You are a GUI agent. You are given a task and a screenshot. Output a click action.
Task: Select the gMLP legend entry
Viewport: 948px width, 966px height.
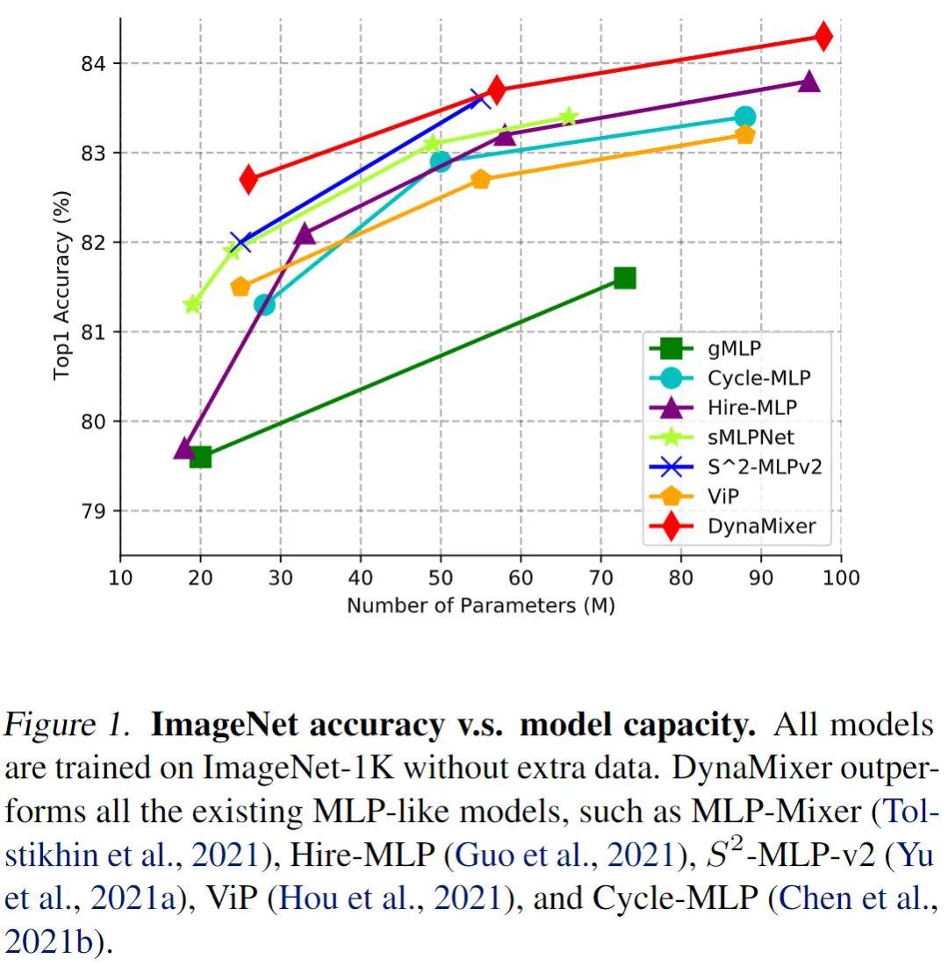click(x=734, y=348)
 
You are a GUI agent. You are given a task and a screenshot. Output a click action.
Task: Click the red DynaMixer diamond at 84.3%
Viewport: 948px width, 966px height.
click(x=823, y=36)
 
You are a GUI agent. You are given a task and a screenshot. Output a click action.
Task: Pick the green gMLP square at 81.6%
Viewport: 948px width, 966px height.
click(x=624, y=278)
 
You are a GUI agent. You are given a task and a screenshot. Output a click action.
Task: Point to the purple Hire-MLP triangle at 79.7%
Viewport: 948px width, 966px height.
click(x=184, y=448)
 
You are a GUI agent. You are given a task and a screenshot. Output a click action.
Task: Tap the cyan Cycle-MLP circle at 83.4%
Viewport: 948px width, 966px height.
click(x=745, y=117)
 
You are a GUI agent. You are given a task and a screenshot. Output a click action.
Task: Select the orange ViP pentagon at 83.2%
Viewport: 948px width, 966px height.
click(x=745, y=134)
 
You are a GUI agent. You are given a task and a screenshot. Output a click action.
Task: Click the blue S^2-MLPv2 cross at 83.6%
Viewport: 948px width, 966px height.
click(x=480, y=98)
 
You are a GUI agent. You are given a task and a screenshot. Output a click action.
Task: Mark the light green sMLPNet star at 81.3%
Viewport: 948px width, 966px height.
click(x=192, y=304)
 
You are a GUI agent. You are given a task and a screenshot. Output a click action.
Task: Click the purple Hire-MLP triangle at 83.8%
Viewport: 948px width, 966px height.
click(x=809, y=82)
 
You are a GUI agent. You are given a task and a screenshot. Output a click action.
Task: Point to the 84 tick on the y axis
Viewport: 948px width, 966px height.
click(x=94, y=63)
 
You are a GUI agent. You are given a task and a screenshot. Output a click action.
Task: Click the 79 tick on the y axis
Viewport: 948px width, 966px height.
click(x=94, y=511)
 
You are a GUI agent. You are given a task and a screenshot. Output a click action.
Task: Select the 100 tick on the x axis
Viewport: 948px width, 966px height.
click(x=842, y=577)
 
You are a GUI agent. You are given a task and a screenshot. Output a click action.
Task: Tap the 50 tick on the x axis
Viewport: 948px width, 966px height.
click(x=441, y=577)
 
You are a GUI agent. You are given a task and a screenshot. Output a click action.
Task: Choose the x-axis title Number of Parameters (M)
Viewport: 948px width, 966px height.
click(x=480, y=605)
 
